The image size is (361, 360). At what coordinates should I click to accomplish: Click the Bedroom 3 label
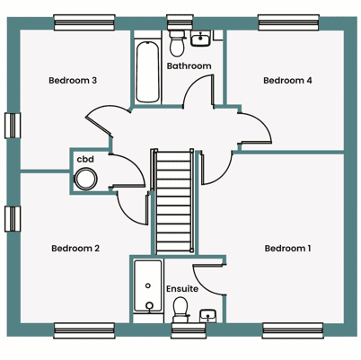pos(73,81)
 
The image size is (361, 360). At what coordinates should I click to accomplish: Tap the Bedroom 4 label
pos(287,81)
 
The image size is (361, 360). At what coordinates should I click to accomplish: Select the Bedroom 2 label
pos(75,249)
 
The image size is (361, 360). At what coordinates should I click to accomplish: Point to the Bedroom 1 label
pos(287,249)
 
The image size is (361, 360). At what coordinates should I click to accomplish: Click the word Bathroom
pos(189,66)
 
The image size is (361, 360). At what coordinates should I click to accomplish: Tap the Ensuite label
pos(182,289)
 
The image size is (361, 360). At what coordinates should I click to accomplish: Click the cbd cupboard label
pos(85,159)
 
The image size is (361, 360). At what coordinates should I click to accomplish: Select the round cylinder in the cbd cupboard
pos(85,180)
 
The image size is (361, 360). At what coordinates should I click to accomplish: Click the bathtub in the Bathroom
pos(147,73)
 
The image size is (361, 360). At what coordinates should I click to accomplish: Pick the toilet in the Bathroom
pos(177,43)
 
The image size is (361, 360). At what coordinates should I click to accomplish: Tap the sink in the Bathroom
pos(200,39)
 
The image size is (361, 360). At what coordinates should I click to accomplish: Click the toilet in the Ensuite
pos(180,310)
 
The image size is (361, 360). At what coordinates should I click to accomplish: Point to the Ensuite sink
pos(208,316)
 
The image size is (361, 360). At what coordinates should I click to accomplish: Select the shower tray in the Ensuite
pos(148,286)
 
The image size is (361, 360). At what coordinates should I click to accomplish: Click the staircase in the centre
pos(173,201)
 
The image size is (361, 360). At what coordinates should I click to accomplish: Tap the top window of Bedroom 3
pos(84,22)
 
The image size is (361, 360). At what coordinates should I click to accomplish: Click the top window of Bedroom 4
pos(288,22)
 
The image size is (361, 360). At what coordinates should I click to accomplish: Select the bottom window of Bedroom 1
pos(293,330)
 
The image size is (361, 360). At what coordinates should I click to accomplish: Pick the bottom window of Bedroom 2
pos(84,330)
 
